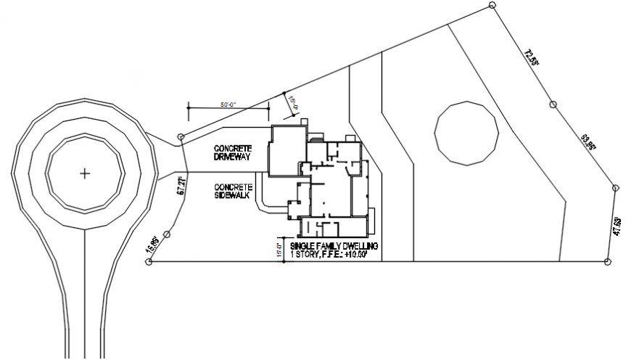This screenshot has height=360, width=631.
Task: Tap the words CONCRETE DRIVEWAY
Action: (233, 152)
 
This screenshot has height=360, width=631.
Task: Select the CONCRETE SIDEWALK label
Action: (233, 190)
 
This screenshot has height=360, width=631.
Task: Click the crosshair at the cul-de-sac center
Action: (85, 173)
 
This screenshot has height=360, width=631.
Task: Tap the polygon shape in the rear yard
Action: (467, 133)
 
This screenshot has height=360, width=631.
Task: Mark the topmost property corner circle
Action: (492, 5)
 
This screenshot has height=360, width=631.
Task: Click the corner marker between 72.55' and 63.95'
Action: (553, 105)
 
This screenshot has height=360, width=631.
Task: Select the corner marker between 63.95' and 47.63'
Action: (615, 189)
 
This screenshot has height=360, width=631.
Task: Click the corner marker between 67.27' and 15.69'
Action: (167, 234)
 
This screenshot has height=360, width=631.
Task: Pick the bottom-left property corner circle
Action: (149, 262)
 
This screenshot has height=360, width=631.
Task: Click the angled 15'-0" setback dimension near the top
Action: (294, 105)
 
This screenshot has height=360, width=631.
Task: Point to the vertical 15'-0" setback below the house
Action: (278, 249)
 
